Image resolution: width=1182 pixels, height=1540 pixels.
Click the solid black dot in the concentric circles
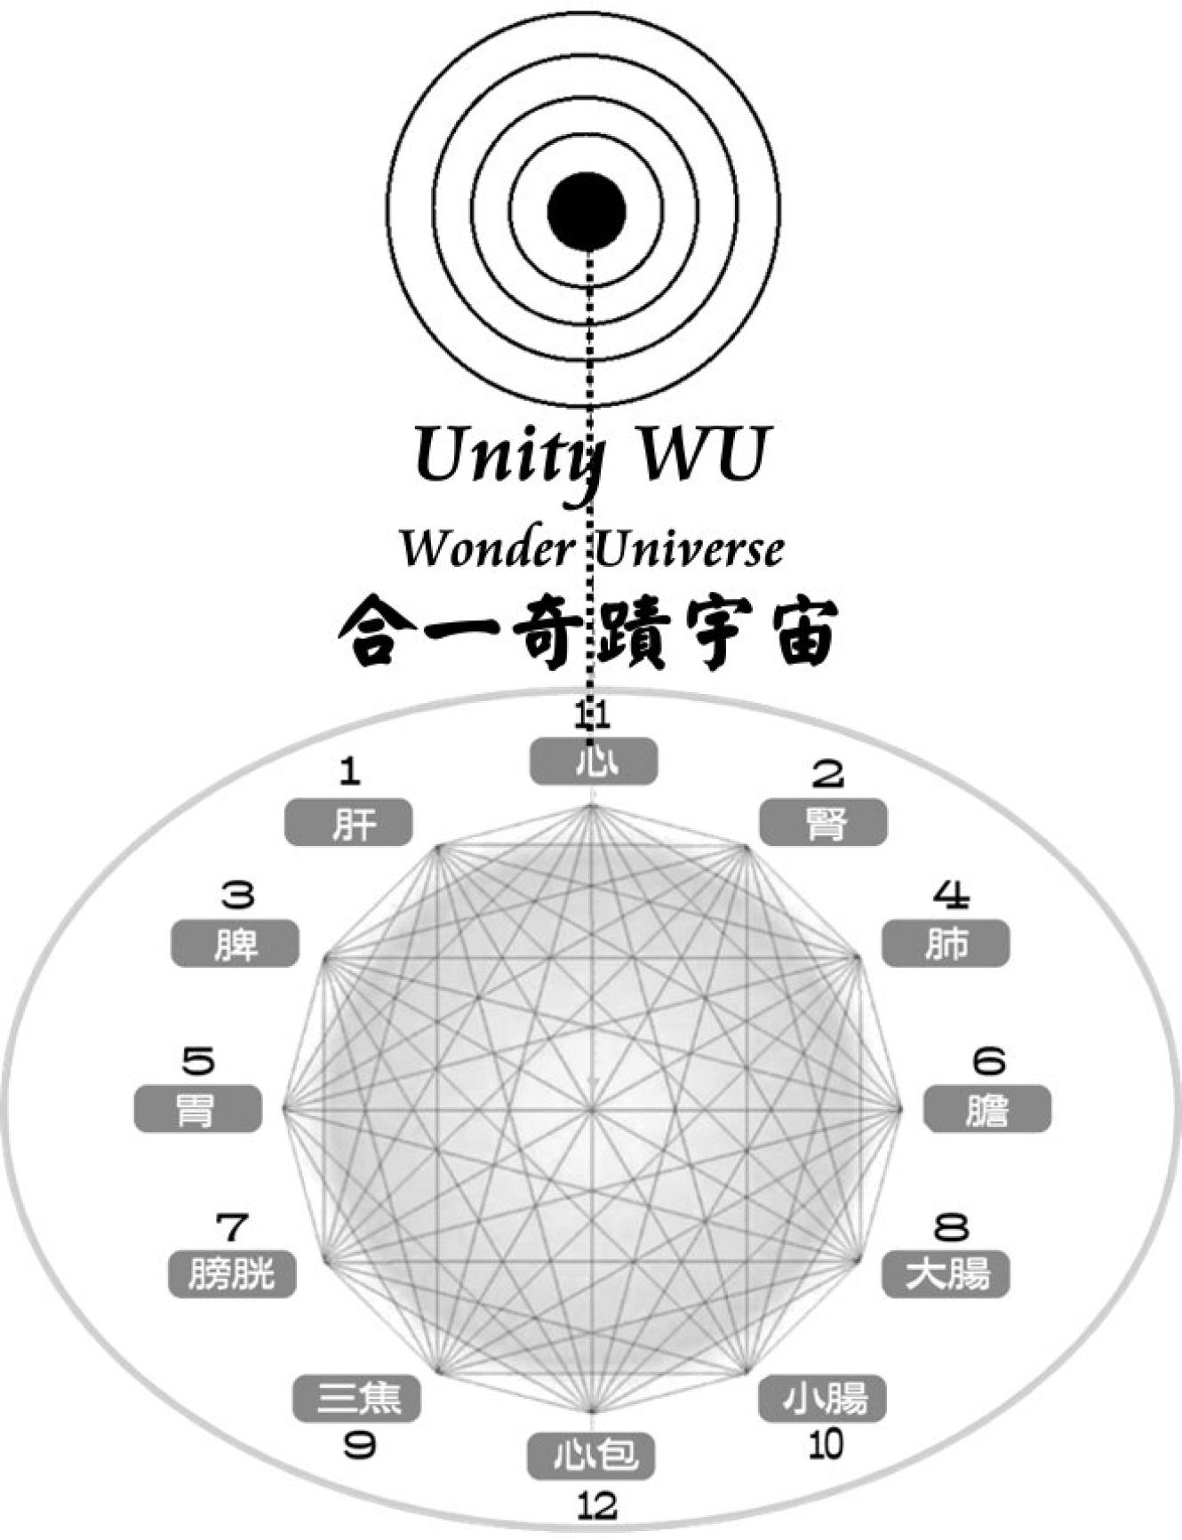coord(587,211)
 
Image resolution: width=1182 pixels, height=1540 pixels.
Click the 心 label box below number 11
coord(594,762)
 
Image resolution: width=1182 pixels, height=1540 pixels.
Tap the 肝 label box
coord(348,822)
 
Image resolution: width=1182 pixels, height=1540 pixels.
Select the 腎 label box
coord(823,822)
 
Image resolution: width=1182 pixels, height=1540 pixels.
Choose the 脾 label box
coord(235,944)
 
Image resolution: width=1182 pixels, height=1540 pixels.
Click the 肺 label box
coord(946,944)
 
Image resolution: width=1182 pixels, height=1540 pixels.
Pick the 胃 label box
coord(198,1109)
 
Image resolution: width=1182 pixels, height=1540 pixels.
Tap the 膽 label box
coord(987,1109)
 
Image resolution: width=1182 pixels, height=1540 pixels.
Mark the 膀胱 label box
coord(232,1274)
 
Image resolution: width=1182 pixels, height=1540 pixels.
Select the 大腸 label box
coord(946,1274)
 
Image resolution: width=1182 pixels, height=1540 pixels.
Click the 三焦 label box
coord(356,1399)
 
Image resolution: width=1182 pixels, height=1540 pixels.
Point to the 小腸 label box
coord(823,1399)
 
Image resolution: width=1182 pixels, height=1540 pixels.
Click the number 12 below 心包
coord(596,1506)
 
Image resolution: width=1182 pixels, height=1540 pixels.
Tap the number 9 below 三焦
coord(359,1446)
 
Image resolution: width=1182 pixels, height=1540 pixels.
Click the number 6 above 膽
coord(988,1060)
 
